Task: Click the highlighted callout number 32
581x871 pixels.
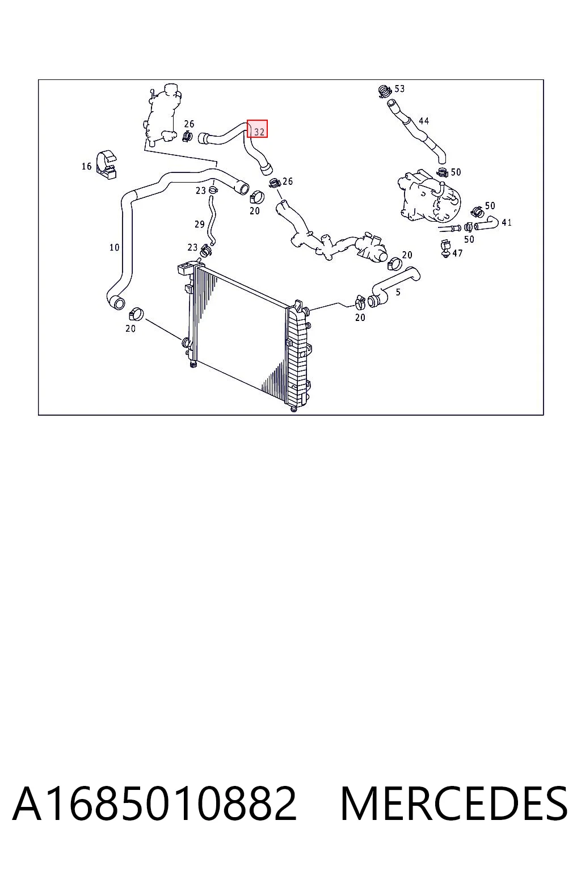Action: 259,132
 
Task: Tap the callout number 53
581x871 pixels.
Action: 399,88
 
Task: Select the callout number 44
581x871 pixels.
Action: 423,121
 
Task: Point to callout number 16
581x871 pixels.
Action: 86,166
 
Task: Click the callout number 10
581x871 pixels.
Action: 114,247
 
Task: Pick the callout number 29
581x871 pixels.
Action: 199,225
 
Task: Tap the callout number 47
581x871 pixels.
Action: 457,253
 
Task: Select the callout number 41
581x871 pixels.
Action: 506,222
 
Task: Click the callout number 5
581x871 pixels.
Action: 398,292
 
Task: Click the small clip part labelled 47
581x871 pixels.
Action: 445,248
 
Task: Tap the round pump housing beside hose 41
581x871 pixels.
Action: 430,197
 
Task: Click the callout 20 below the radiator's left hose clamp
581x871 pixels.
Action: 130,328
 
